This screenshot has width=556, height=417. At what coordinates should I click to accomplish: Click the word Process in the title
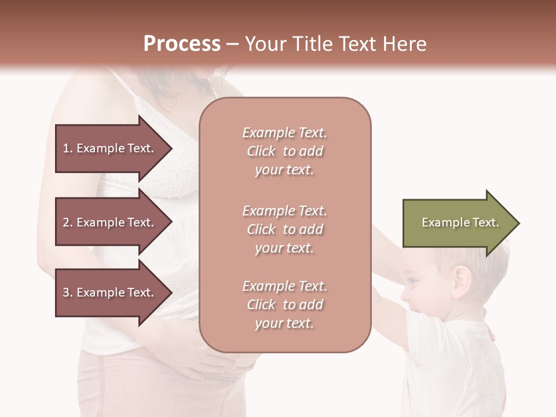(182, 44)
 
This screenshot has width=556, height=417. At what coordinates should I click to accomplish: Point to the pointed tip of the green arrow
(518, 223)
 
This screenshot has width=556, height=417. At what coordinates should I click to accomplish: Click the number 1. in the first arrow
(68, 148)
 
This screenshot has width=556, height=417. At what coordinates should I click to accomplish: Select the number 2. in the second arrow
(68, 222)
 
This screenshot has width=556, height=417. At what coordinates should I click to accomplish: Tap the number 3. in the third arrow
(68, 292)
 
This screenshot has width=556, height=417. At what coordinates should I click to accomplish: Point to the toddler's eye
(410, 280)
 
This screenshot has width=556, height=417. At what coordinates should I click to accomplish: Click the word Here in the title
(406, 44)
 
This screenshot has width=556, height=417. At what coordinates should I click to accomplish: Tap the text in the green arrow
(460, 222)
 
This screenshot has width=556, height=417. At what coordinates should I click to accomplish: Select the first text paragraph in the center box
(284, 151)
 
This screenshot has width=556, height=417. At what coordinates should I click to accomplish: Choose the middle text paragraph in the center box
(284, 229)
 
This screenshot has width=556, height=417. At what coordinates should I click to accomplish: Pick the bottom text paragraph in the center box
(284, 305)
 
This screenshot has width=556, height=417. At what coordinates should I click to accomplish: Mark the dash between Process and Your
(232, 45)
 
